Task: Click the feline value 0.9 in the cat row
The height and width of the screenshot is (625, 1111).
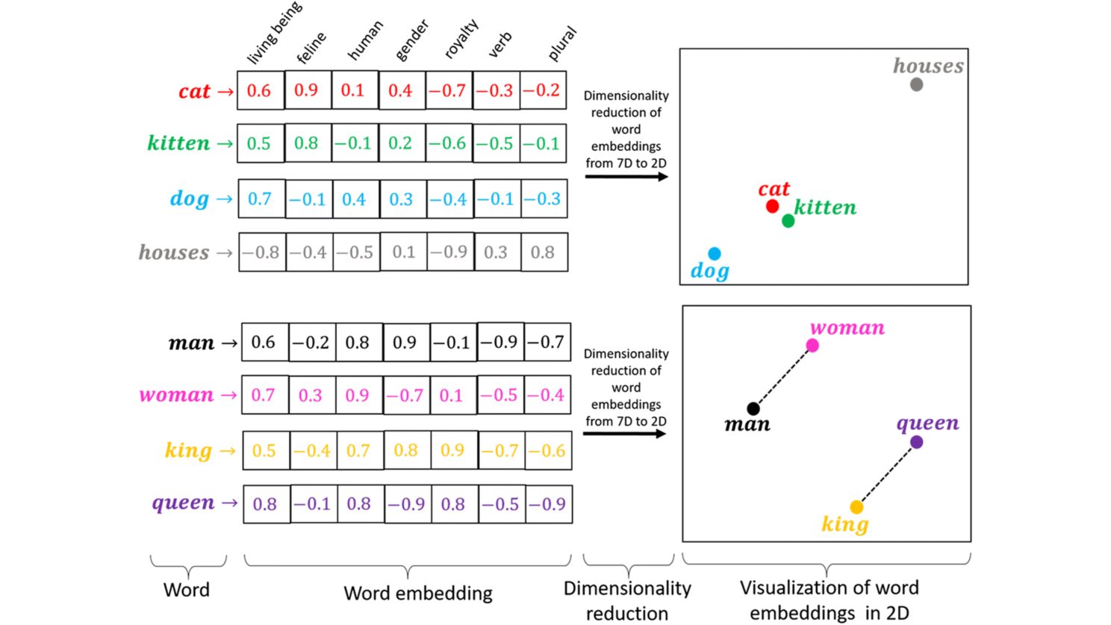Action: coord(306,90)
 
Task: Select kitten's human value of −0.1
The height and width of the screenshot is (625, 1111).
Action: coord(353,143)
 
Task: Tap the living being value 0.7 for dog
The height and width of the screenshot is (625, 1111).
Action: coord(260,199)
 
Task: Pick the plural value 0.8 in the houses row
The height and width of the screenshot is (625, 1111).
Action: coord(543,252)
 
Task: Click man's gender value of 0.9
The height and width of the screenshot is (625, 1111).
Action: coord(405,343)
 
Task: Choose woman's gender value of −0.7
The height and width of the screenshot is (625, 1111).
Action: coord(405,395)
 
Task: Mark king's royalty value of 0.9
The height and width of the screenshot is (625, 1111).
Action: coord(452,450)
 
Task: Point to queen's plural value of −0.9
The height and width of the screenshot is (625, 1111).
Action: coord(547,504)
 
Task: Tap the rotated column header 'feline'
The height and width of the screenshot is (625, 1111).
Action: coord(311,48)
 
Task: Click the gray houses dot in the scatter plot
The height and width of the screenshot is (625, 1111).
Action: coord(916,84)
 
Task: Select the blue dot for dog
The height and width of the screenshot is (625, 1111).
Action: coord(715,254)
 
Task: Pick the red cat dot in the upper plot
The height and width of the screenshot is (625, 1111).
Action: coord(773,206)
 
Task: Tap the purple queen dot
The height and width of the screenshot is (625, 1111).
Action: coord(917,442)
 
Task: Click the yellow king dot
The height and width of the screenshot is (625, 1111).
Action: coord(856,507)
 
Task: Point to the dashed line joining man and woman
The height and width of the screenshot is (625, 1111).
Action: coord(782,377)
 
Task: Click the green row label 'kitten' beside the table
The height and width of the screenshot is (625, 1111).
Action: coord(178,143)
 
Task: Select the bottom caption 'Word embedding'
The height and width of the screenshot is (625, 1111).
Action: coord(417,594)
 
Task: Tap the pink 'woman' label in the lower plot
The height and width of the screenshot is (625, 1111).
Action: coord(847,328)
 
